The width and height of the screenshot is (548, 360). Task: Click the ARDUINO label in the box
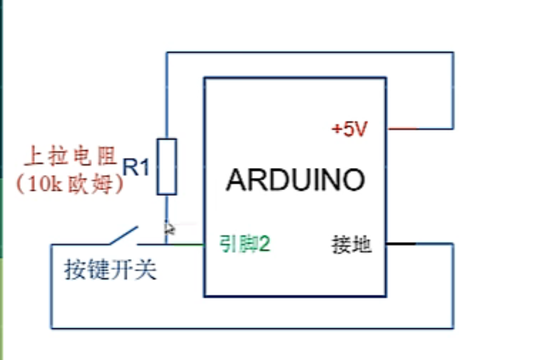295,180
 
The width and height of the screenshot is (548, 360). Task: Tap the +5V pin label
349,129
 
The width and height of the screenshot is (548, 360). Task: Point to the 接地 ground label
351,245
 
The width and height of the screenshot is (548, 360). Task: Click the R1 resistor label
136,168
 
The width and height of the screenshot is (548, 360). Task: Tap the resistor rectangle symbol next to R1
167,166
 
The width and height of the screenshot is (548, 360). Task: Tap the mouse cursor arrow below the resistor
169,228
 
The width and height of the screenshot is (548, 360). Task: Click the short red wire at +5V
403,129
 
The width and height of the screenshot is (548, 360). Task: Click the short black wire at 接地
401,243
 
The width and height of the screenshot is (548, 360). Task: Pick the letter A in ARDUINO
236,180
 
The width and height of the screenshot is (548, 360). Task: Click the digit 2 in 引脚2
265,243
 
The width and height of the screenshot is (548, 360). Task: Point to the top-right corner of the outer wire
453,53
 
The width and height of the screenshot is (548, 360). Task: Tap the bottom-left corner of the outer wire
51,328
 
